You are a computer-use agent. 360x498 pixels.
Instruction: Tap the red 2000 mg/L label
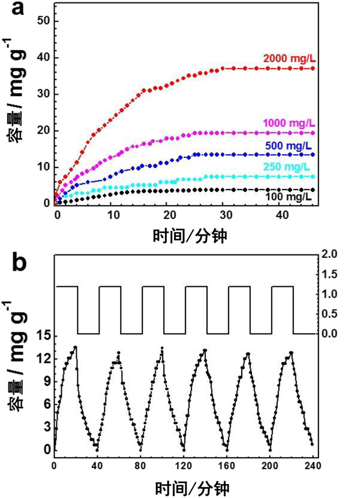click(289, 58)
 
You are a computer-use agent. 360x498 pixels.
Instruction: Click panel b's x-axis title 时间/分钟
click(184, 485)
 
